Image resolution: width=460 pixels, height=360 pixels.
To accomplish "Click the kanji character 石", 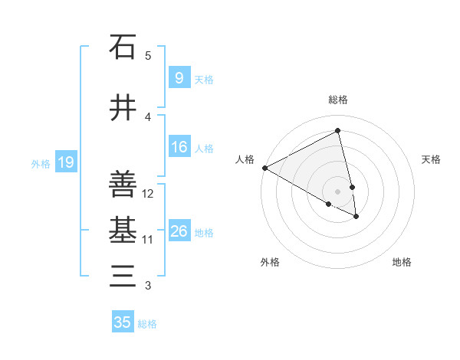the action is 123,47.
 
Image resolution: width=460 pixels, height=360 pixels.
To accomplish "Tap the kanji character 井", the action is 123,109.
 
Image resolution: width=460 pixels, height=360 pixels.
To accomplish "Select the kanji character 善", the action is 123,184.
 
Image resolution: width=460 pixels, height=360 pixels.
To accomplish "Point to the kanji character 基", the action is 123,230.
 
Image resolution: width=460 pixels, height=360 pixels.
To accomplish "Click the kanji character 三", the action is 123,276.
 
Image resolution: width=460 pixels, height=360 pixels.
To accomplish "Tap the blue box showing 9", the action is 179,78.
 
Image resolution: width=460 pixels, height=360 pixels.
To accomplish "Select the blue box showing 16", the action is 179,147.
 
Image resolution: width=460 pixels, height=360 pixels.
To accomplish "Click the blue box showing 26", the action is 179,231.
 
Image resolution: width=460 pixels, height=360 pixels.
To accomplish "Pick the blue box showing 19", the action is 66,162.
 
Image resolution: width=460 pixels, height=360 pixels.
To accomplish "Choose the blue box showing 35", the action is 123,322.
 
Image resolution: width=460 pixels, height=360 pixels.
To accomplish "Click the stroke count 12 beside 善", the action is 149,194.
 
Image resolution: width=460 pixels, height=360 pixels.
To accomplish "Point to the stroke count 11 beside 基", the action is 148,240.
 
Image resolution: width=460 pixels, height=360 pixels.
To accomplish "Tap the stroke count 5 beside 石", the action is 148,55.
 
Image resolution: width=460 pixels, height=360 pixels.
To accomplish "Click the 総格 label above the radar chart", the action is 338,100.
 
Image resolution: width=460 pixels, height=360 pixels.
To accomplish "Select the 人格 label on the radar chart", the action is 245,159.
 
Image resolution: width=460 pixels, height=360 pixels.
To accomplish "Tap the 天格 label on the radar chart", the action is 431,159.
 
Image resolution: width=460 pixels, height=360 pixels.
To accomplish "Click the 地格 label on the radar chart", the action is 402,262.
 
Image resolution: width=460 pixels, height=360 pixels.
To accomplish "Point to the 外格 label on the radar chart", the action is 270,262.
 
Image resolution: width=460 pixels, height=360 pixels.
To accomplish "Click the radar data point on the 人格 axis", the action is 264,168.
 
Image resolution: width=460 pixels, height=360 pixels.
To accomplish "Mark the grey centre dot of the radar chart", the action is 338,191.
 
